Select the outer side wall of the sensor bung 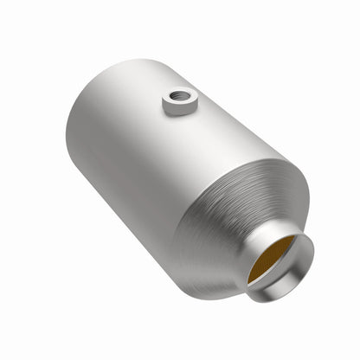pos(177,112)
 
